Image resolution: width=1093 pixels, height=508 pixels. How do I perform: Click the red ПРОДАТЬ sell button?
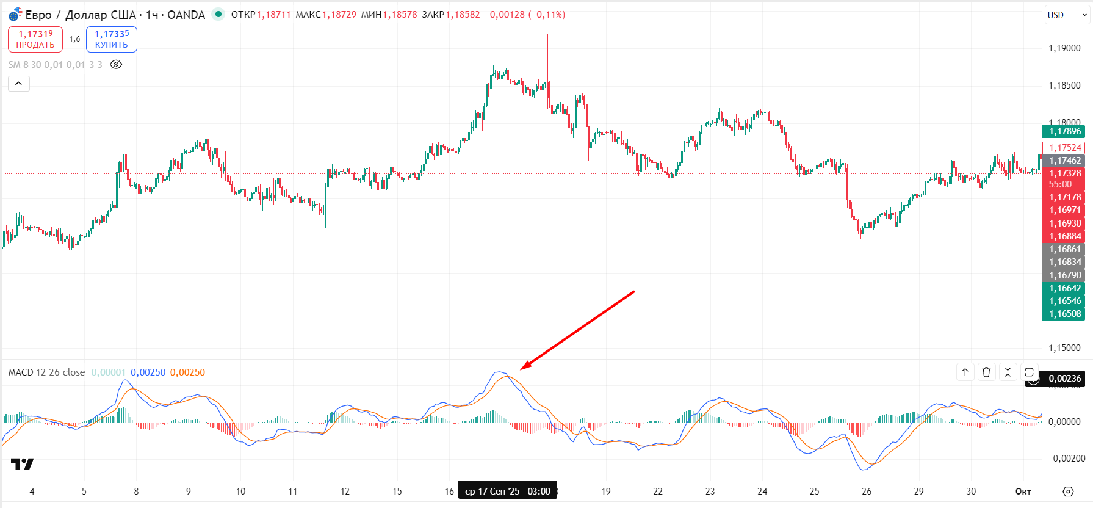click(35, 39)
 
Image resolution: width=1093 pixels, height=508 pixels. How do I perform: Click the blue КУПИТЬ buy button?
click(112, 39)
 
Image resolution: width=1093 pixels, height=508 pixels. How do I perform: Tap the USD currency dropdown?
click(1067, 15)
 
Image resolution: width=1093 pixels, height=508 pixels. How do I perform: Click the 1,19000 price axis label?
click(1064, 48)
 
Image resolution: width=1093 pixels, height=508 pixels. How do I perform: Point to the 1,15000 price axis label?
click(1064, 348)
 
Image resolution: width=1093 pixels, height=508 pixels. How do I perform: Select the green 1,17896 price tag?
click(1064, 131)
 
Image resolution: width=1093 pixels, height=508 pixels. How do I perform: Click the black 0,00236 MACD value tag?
click(1064, 379)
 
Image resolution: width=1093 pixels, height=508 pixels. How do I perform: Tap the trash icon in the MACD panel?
click(986, 372)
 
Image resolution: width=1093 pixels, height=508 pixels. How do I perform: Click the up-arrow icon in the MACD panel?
click(965, 372)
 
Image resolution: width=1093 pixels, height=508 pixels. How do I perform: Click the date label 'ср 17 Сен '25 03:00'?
click(507, 492)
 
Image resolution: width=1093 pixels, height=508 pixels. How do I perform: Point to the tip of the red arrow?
click(521, 369)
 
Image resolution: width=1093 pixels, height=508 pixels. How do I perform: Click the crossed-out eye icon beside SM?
click(116, 65)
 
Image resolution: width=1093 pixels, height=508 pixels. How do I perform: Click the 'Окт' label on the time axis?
click(1023, 492)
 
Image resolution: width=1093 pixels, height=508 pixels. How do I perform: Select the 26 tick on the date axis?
click(867, 492)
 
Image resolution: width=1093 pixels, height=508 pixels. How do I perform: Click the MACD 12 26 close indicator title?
click(47, 372)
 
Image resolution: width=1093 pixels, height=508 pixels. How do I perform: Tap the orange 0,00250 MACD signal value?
click(187, 372)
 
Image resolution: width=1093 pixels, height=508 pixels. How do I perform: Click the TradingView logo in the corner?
click(23, 465)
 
